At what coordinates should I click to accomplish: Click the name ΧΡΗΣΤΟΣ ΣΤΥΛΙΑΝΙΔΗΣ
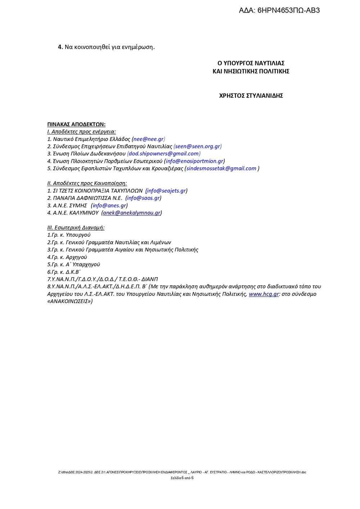pos(251,96)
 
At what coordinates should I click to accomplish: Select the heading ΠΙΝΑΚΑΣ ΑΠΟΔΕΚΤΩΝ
pos(76,124)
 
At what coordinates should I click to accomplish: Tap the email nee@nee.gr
pos(149,139)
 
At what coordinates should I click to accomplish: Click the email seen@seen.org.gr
pos(198,147)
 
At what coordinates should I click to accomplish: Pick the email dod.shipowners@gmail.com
pos(164,154)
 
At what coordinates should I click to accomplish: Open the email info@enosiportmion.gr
pos(194,161)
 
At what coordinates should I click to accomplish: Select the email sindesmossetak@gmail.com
pos(221,168)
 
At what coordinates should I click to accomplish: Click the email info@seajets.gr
pos(166,191)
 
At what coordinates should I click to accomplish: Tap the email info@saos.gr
pos(143,198)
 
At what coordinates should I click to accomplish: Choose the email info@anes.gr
pos(109,206)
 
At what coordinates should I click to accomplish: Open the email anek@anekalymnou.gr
pos(131,213)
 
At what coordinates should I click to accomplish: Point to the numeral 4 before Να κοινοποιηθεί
pos(60,47)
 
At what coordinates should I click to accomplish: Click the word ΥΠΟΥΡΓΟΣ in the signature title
pos(243,63)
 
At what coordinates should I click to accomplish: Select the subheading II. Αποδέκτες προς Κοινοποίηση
pos(87,183)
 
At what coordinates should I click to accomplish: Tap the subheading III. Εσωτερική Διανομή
pos(76,228)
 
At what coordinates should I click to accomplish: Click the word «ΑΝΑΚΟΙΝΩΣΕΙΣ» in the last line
pos(70,301)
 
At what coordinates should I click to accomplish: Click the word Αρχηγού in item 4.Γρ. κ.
pos(76,257)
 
